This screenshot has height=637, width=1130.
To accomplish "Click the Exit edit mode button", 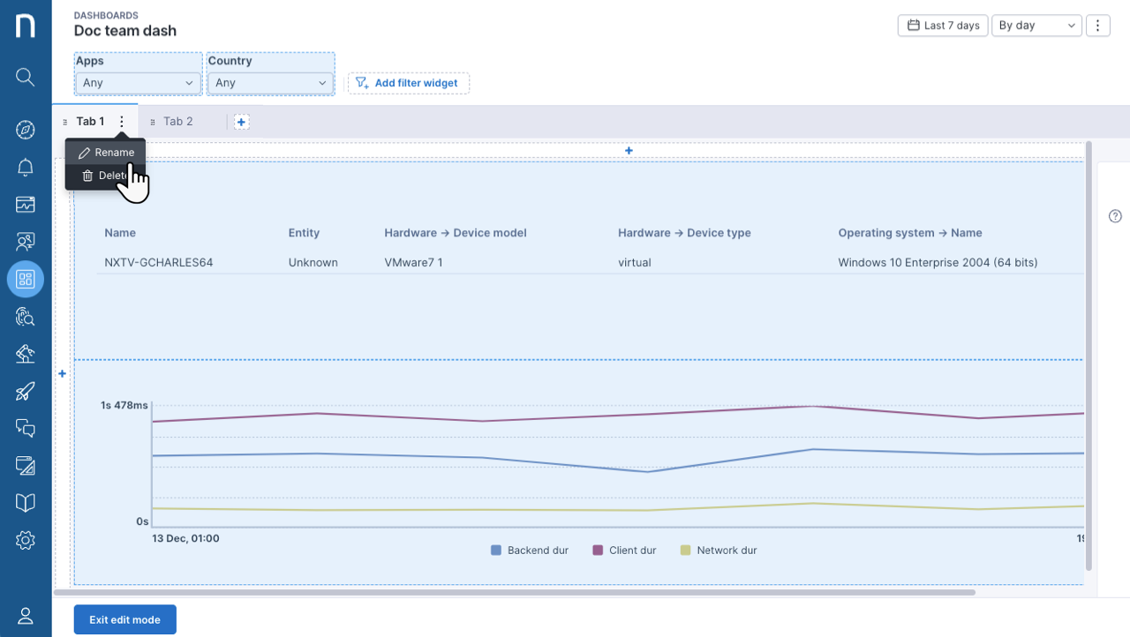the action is [x=125, y=619].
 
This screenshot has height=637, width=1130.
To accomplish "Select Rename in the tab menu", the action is [x=107, y=153].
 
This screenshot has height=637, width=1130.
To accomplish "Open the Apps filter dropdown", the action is [x=138, y=83].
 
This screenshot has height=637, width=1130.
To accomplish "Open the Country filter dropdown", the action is [x=270, y=83].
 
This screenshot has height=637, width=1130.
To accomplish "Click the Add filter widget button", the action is [x=408, y=83].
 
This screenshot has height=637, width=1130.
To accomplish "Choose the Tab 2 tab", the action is [x=177, y=122].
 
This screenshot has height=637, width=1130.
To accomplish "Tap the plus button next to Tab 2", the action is [x=241, y=122].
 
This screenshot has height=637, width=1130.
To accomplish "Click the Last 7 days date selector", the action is [x=943, y=26].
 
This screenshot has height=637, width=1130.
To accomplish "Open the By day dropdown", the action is [x=1036, y=26].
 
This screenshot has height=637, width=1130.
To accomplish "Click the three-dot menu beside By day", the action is [x=1097, y=26].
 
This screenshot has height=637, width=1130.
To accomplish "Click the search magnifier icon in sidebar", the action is [x=26, y=77].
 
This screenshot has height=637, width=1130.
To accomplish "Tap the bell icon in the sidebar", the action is [x=26, y=167].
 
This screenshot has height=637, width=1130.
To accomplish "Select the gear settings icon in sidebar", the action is [x=26, y=540].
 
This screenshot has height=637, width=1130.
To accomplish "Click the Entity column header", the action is [x=304, y=233].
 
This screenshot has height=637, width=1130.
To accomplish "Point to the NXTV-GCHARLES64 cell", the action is [x=158, y=263].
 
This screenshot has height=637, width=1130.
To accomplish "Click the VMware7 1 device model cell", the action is [x=413, y=263].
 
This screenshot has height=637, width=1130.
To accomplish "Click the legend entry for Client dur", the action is [x=624, y=551].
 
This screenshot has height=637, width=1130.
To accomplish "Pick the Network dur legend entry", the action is [x=719, y=551].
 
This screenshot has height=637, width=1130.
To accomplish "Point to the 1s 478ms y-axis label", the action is [x=124, y=405].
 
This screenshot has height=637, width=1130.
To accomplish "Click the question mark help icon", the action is [x=1115, y=216].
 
